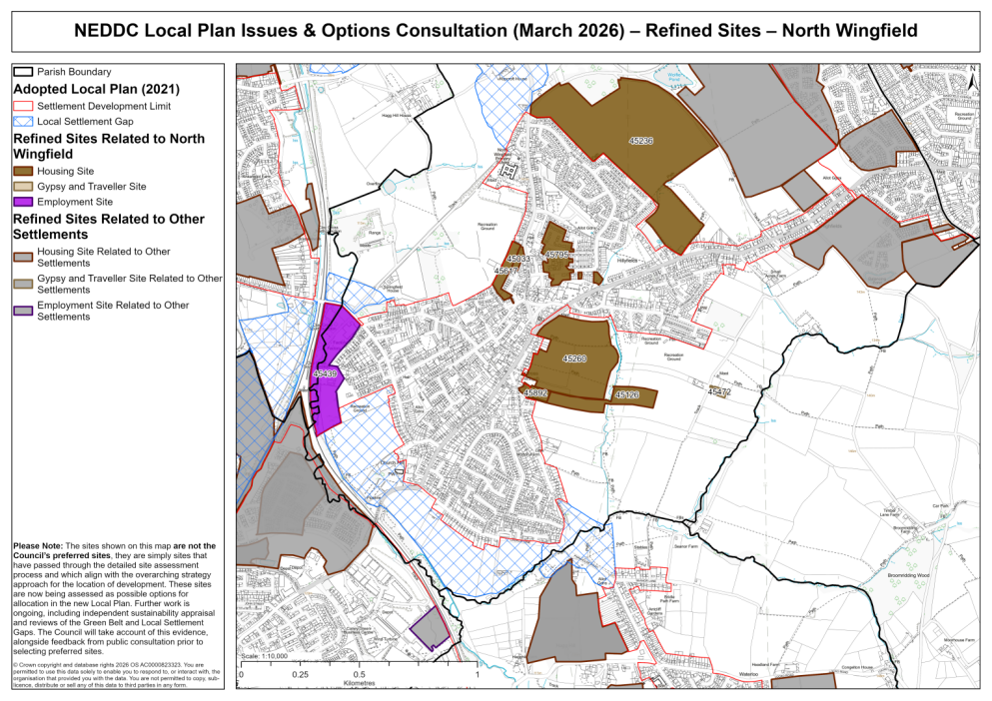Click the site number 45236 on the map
click(641, 141)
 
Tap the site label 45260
click(574, 357)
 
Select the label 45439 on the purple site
click(326, 373)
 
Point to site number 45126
click(626, 395)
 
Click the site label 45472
click(719, 392)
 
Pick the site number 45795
click(556, 255)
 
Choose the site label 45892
click(536, 393)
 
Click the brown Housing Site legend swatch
click(23, 172)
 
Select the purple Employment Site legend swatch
click(23, 202)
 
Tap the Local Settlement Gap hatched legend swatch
click(23, 120)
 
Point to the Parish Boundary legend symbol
click(23, 72)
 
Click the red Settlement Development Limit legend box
click(23, 105)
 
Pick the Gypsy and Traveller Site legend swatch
click(23, 187)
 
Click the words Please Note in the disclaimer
click(37, 546)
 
